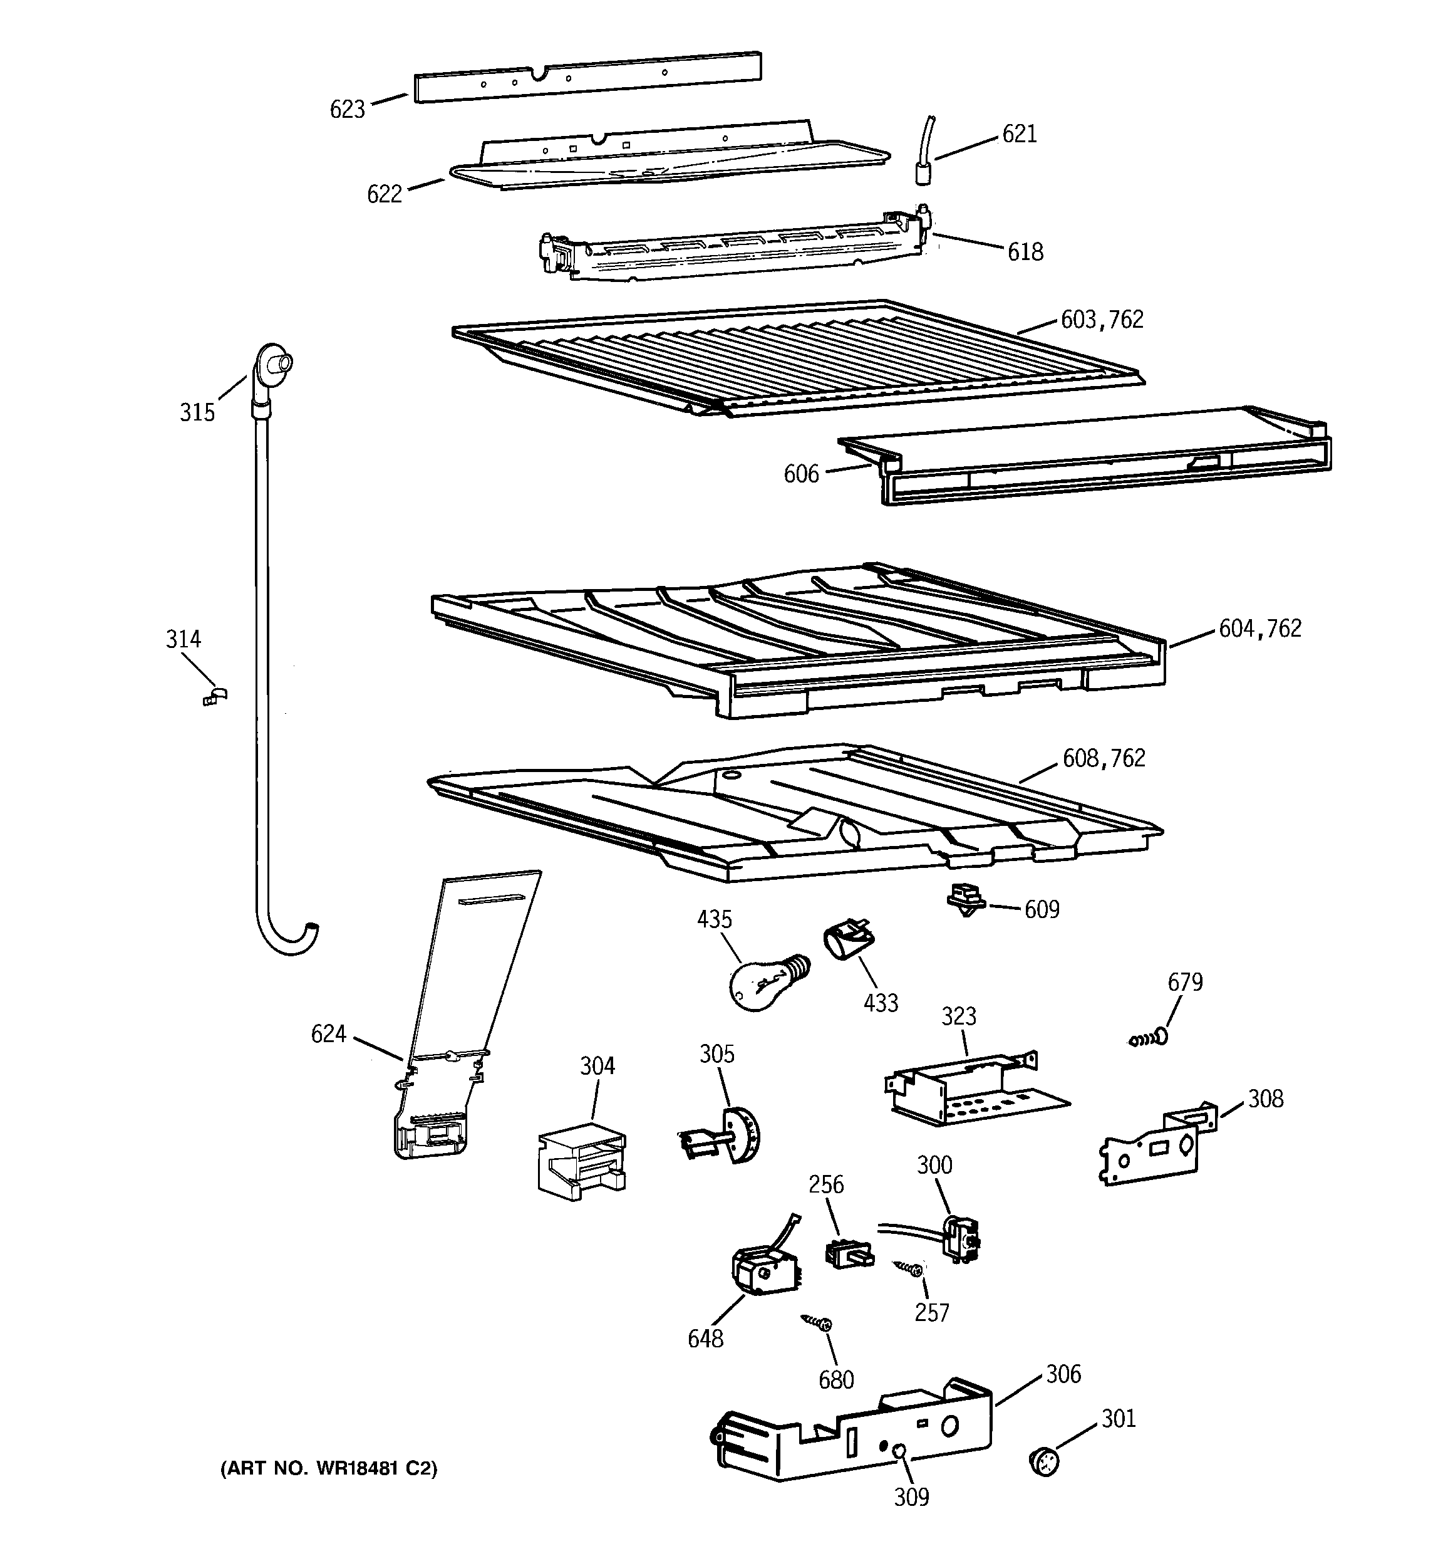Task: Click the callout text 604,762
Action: [1259, 629]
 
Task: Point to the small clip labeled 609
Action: [966, 902]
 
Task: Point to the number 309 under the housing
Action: [911, 1497]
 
